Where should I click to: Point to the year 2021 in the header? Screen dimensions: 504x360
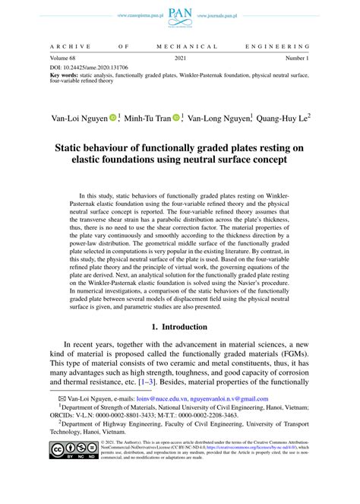click(180, 58)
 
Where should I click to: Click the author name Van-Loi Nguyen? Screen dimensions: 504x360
click(78, 119)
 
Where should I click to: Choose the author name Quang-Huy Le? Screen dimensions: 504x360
click(282, 119)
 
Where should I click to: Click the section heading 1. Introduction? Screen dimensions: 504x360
click(180, 327)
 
